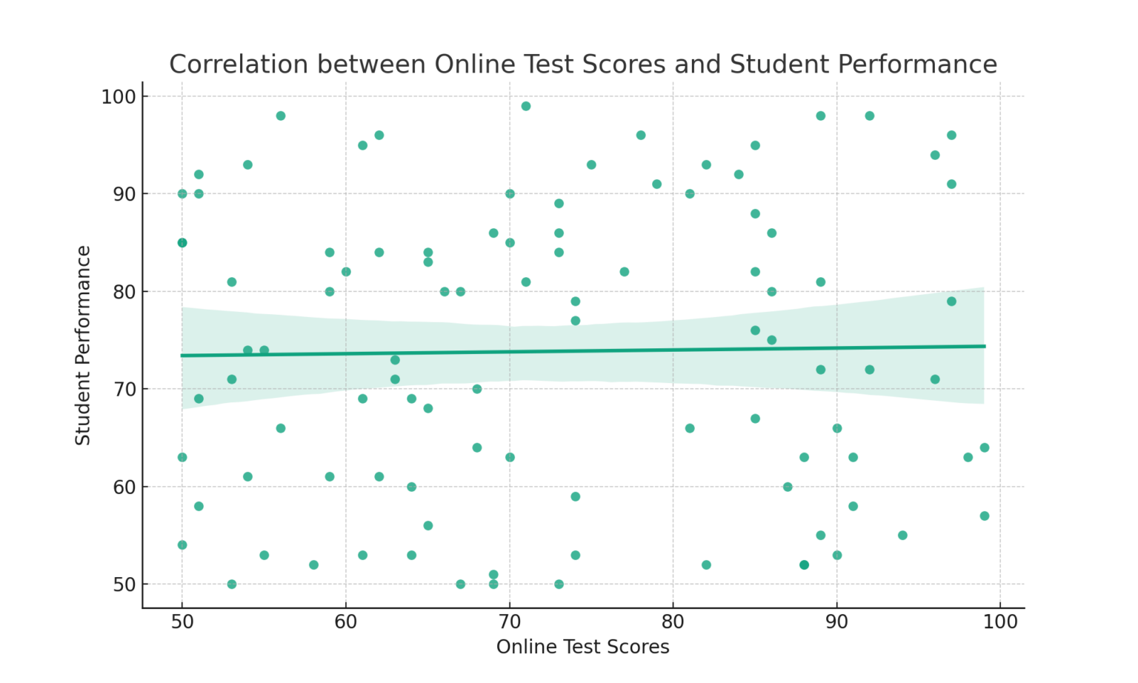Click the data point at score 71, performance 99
point(526,106)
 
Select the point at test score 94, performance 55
point(902,535)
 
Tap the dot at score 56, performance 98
point(281,116)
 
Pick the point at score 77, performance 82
point(625,272)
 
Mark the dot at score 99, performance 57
point(984,516)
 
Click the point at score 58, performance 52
point(313,564)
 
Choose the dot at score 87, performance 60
point(788,487)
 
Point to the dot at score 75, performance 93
point(591,164)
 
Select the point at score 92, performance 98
point(870,116)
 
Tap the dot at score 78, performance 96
point(641,135)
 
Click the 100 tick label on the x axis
point(1000,621)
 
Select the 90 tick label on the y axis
point(119,194)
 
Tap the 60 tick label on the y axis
point(119,487)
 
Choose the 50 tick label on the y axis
point(119,584)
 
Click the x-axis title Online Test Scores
point(582,647)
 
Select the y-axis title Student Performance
point(83,345)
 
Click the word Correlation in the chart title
point(239,64)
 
